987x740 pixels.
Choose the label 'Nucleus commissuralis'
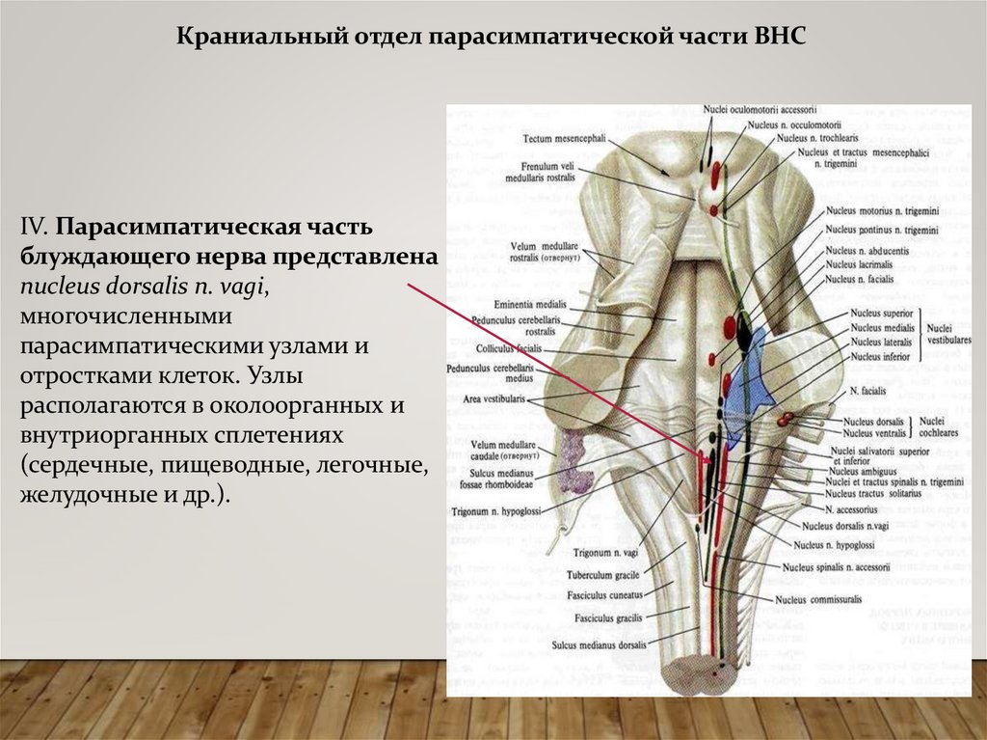[818, 599]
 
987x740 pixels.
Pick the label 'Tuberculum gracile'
[607, 575]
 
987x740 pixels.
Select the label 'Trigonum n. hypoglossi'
[494, 510]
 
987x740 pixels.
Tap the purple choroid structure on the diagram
[575, 460]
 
